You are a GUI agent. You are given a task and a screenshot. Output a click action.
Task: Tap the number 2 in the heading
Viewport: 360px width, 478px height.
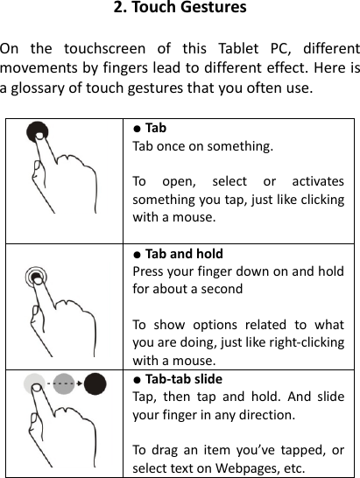point(118,10)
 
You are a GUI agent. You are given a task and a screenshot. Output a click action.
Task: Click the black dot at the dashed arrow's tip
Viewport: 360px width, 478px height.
point(95,384)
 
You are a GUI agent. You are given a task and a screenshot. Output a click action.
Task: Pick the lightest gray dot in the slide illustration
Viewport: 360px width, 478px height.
point(34,383)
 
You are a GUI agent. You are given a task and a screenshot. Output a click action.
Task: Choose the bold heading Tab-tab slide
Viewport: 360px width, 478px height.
point(184,379)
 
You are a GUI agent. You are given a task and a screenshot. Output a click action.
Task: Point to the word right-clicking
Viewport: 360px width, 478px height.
point(304,341)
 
